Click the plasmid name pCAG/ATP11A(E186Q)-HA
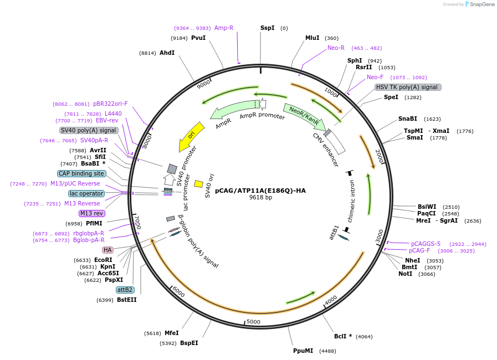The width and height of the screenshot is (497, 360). click(x=260, y=191)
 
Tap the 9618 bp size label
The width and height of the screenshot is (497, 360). click(x=260, y=198)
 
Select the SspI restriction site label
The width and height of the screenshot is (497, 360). click(x=267, y=28)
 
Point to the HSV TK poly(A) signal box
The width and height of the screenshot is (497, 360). click(x=408, y=87)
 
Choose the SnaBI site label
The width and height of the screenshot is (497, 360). click(x=408, y=119)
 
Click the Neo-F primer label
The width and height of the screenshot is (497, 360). click(x=375, y=77)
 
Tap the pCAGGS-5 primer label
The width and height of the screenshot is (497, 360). click(x=426, y=244)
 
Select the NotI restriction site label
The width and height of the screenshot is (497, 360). click(x=405, y=274)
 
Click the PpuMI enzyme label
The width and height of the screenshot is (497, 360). click(x=303, y=351)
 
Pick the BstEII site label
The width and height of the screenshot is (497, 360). click(x=126, y=300)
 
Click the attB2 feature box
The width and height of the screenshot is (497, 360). click(x=125, y=290)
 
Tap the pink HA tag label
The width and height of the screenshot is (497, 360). click(x=107, y=250)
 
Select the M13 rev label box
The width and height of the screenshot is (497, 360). click(x=92, y=213)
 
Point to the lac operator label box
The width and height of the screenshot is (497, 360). click(x=86, y=193)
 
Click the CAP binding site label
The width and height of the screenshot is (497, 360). click(x=81, y=173)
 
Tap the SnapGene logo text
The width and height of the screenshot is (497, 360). click(x=479, y=4)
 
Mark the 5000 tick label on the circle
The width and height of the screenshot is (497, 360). click(x=253, y=322)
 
